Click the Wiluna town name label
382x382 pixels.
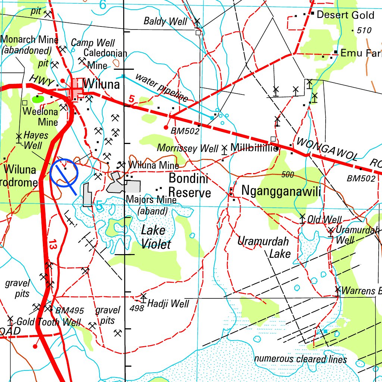coord(101,84)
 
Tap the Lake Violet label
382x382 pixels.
coord(155,237)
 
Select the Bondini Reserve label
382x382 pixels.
coord(190,185)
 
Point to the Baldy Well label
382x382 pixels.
coord(165,21)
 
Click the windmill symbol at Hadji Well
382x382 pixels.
coord(143,297)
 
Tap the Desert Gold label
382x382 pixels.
coord(345,15)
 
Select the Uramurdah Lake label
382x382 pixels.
coord(264,247)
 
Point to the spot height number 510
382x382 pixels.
coord(364,30)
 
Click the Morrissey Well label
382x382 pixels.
coord(187,148)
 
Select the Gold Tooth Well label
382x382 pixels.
coord(48,322)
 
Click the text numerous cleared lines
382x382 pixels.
coord(300,359)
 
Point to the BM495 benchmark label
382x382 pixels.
coord(69,310)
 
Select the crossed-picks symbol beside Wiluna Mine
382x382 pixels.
coord(121,165)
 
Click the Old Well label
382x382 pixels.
coord(324,219)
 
